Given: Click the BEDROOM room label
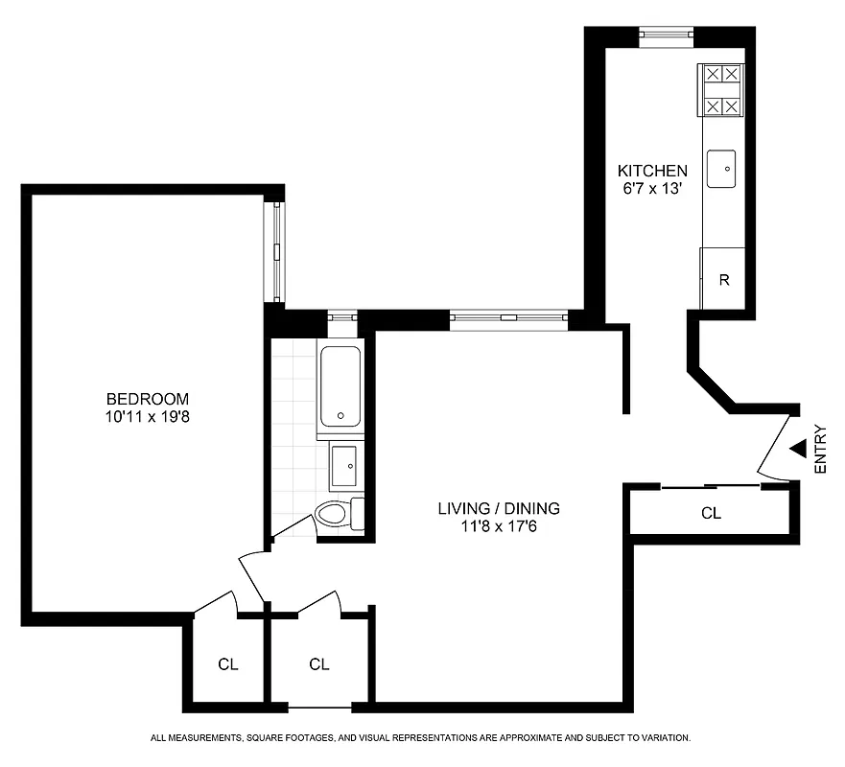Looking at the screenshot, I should [147, 399].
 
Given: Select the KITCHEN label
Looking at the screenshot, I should [651, 171].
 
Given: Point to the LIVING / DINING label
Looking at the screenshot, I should [498, 509].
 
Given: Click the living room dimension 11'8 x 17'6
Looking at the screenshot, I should [498, 526].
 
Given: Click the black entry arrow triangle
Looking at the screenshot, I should [797, 448].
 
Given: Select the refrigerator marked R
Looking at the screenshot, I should [724, 280].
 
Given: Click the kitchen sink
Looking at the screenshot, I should [722, 169].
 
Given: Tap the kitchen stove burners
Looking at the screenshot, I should [722, 90].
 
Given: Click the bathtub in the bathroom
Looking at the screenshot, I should [340, 387].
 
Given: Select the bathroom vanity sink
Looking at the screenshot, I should [345, 466].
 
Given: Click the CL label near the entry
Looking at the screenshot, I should [711, 514].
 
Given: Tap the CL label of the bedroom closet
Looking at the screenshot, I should [227, 663].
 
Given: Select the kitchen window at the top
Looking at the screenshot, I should [667, 36].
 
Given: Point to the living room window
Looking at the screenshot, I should [508, 320].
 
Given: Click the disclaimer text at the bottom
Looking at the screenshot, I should [421, 738].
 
